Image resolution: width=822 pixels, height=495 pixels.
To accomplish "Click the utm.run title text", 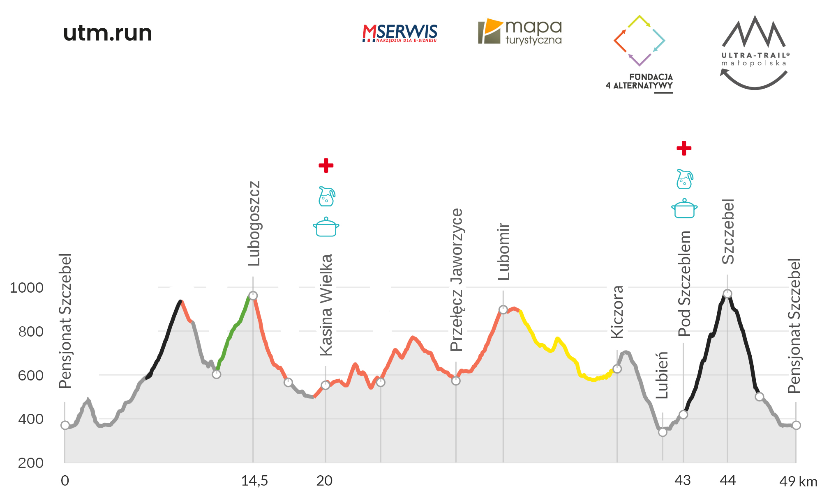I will click(x=108, y=33).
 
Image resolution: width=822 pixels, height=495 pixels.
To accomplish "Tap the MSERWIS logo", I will click(x=399, y=33).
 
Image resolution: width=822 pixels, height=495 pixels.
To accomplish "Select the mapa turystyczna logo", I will click(x=520, y=32).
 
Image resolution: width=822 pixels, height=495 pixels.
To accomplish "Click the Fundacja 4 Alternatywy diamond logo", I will click(x=639, y=41).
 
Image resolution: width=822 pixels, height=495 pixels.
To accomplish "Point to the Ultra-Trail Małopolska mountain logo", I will click(x=754, y=33).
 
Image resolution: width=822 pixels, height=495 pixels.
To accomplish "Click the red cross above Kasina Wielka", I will click(x=326, y=165).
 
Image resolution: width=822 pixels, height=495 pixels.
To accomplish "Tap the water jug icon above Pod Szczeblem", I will click(x=684, y=179).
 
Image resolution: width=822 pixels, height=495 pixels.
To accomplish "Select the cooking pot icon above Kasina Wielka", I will click(x=326, y=227).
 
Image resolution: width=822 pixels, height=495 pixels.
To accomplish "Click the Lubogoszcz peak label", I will click(x=254, y=224).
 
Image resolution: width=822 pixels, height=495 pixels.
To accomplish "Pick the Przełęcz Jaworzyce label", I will click(x=457, y=280).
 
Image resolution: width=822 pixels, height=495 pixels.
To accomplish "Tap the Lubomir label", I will click(x=504, y=252).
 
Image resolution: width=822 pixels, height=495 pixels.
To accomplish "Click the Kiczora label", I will click(x=617, y=312).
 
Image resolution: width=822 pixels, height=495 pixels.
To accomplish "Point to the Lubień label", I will click(x=662, y=375).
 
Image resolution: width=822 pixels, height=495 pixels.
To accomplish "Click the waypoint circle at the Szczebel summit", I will click(x=727, y=293).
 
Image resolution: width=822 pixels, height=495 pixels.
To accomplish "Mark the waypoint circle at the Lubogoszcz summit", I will click(x=253, y=296).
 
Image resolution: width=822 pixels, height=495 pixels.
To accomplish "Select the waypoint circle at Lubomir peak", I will click(x=503, y=309).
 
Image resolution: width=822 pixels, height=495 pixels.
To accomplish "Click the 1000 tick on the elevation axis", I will click(x=27, y=288).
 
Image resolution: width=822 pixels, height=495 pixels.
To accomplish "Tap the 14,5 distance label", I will click(x=254, y=481).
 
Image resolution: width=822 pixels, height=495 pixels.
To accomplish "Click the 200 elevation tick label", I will click(x=31, y=463).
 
